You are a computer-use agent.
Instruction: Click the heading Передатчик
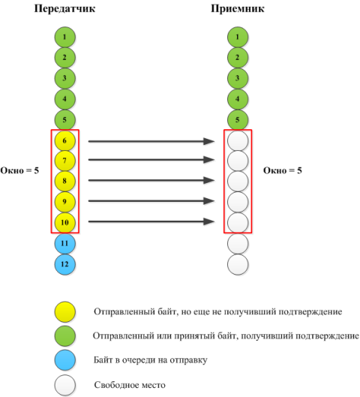64,9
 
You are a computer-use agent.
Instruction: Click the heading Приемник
238,9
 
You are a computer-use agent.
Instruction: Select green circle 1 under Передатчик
65,37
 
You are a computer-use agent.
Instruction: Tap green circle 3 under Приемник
238,78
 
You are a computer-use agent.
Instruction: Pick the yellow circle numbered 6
65,140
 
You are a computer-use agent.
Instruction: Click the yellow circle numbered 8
65,181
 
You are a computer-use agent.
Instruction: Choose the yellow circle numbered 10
65,222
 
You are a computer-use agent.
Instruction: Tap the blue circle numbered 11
65,244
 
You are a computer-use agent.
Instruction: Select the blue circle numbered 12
65,264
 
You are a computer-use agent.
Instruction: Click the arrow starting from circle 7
151,160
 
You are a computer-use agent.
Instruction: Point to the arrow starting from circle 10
151,221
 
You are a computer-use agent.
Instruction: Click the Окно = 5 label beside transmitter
19,170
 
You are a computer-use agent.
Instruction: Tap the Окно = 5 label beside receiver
283,170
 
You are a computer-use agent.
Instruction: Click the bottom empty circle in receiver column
238,264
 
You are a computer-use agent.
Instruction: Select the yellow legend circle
65,311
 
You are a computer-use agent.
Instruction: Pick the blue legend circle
65,360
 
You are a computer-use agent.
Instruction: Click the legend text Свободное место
130,385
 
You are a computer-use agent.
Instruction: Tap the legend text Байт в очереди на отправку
151,359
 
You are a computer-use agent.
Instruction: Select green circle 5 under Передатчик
65,120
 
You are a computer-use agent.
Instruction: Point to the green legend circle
65,336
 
